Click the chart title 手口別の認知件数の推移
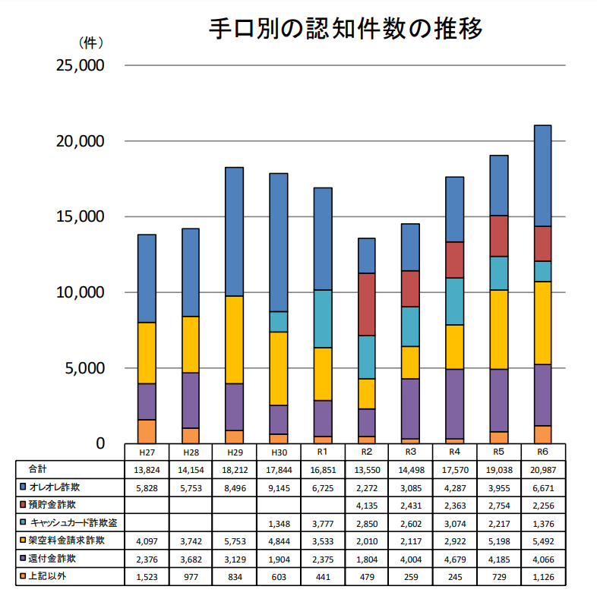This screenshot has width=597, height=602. (346, 30)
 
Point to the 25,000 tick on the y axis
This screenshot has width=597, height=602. (81, 66)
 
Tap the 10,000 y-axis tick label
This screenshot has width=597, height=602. (81, 292)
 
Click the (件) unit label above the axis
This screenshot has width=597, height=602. (91, 43)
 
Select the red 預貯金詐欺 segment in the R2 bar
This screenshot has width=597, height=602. (367, 304)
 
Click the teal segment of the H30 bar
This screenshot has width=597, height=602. (279, 322)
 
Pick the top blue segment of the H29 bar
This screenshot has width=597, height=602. (235, 232)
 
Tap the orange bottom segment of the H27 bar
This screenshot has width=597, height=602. (147, 431)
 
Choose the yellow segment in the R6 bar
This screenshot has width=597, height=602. (542, 323)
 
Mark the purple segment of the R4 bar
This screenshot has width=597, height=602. (454, 404)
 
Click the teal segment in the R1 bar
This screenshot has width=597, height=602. (323, 319)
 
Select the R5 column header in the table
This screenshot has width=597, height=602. (498, 452)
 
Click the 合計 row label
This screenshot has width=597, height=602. (38, 469)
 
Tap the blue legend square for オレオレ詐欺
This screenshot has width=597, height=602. (23, 486)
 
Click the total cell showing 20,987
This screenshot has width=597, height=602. (542, 470)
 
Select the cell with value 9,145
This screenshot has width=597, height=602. (279, 486)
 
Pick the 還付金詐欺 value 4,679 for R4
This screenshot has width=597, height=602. (454, 559)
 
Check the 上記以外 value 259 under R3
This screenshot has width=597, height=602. (411, 578)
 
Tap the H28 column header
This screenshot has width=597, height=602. (191, 452)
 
